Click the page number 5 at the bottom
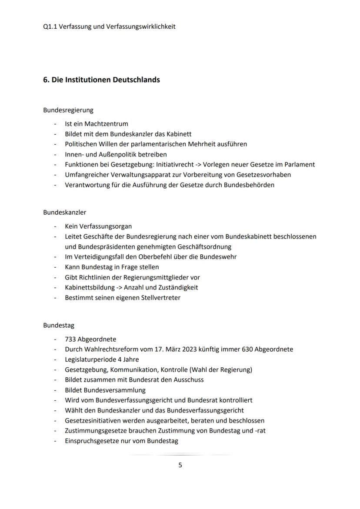pos(180,465)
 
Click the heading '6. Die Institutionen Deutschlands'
pos(101,80)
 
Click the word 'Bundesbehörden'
pos(249,185)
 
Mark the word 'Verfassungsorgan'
pos(106,226)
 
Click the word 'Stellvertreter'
pos(159,298)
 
